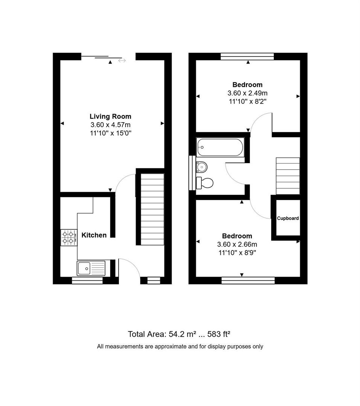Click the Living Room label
coord(110,117)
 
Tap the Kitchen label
coord(94,235)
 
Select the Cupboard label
coord(288,218)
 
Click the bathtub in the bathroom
coord(220,147)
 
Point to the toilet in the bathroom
coord(205,183)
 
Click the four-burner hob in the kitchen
coord(68,238)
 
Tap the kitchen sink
coord(91,268)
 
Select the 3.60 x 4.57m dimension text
coord(110,125)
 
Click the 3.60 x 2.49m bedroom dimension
coord(247,93)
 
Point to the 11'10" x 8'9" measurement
coord(237,253)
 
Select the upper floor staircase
coord(288,176)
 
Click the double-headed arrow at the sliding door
coord(122,61)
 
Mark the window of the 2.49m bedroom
coord(247,56)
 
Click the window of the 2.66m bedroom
coord(248,280)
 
